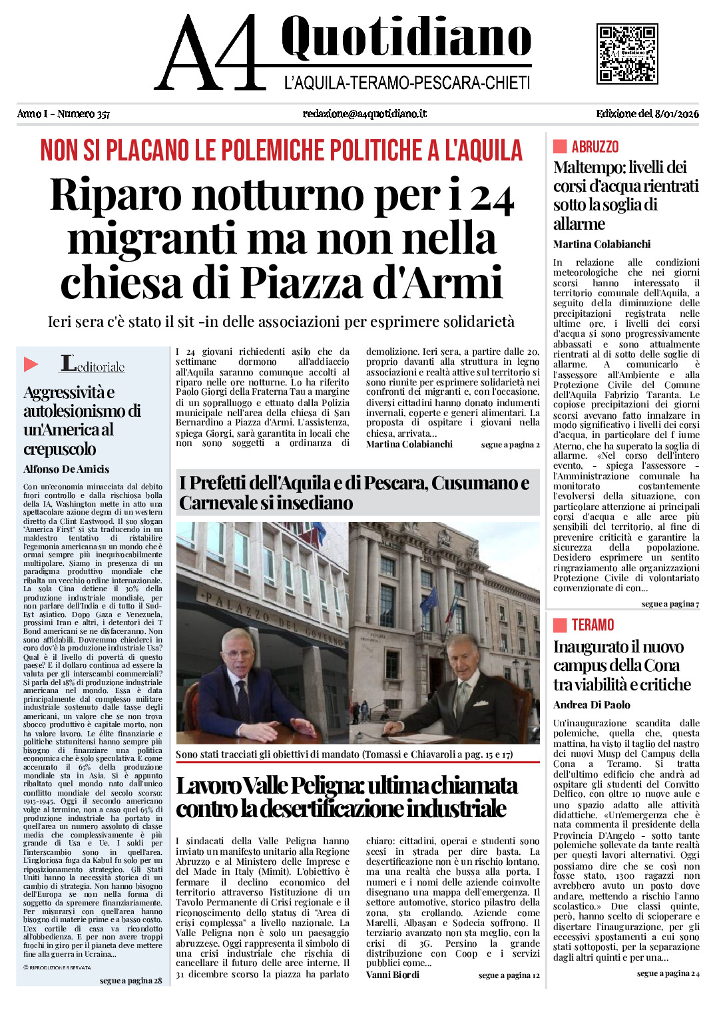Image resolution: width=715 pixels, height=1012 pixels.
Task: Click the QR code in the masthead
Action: [627, 54]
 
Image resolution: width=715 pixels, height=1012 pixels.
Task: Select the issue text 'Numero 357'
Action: [83, 114]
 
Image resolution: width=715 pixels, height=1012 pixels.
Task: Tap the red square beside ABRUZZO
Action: [560, 146]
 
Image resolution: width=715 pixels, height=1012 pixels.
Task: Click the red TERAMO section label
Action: [593, 625]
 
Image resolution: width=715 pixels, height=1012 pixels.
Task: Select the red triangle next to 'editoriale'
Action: [31, 364]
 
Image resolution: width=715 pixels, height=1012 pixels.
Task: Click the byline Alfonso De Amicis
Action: [66, 469]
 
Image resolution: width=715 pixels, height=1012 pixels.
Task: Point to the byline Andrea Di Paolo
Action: [591, 705]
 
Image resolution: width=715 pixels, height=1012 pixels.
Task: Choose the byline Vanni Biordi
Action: [392, 975]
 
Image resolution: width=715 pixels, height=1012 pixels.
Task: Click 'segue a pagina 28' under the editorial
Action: [130, 981]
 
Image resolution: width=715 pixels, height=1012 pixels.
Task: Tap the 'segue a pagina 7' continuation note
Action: [670, 604]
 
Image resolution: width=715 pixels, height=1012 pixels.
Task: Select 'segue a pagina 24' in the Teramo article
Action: [668, 973]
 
